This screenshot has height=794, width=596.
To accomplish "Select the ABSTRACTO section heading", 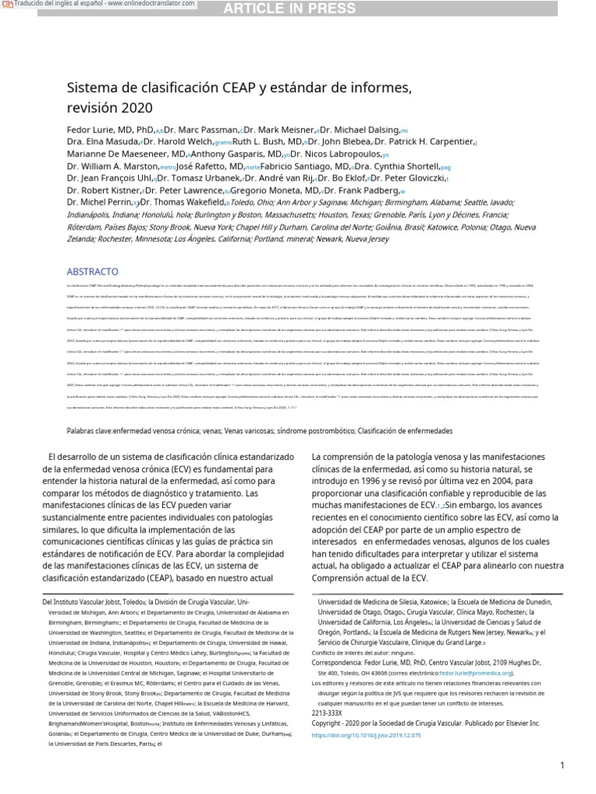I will (x=92, y=272).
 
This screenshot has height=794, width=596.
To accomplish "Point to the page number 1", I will (x=562, y=766).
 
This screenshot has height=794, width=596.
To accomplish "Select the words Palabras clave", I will (x=90, y=430).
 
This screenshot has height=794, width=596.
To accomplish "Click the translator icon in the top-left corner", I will (x=7, y=5).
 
